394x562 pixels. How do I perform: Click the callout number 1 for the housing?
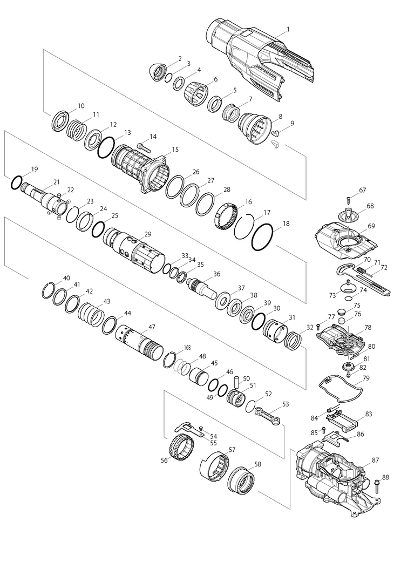coord(288,29)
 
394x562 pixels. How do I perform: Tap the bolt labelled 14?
coord(142,145)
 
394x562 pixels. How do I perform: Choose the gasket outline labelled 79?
coord(339,388)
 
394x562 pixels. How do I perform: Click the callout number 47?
coord(152,327)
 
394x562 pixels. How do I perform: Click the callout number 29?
coord(147,234)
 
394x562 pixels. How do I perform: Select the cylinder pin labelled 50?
coord(236,380)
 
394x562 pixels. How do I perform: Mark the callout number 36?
coord(216,274)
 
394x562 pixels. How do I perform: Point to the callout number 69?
coord(371,225)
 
